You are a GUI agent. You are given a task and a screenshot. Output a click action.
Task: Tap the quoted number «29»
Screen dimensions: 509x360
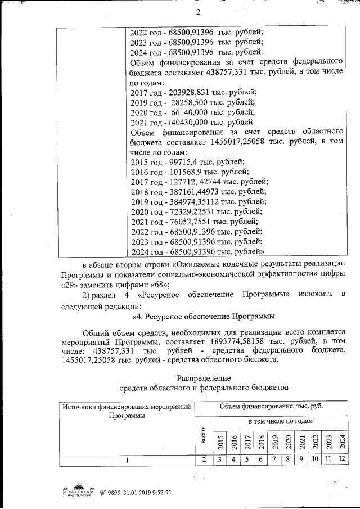69,285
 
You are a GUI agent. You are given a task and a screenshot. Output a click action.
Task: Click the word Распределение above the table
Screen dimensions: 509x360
204,377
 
